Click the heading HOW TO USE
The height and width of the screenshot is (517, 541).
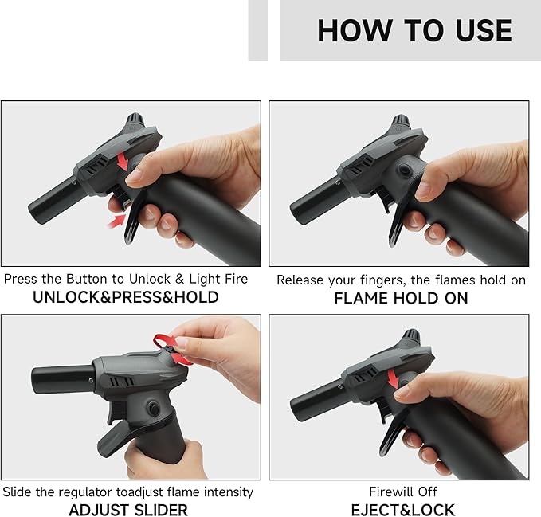pos(414,31)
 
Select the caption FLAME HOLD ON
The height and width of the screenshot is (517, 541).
pos(400,299)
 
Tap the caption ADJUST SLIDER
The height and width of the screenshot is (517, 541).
pos(128,509)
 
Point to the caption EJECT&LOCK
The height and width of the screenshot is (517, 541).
pos(402,509)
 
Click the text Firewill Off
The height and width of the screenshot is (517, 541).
pos(402,492)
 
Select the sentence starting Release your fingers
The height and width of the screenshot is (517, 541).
pos(401,280)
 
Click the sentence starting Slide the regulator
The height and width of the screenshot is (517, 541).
pos(128,492)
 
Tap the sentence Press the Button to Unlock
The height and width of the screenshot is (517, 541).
pos(126,280)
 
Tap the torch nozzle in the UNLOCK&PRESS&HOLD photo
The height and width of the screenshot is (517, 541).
pos(53,200)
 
